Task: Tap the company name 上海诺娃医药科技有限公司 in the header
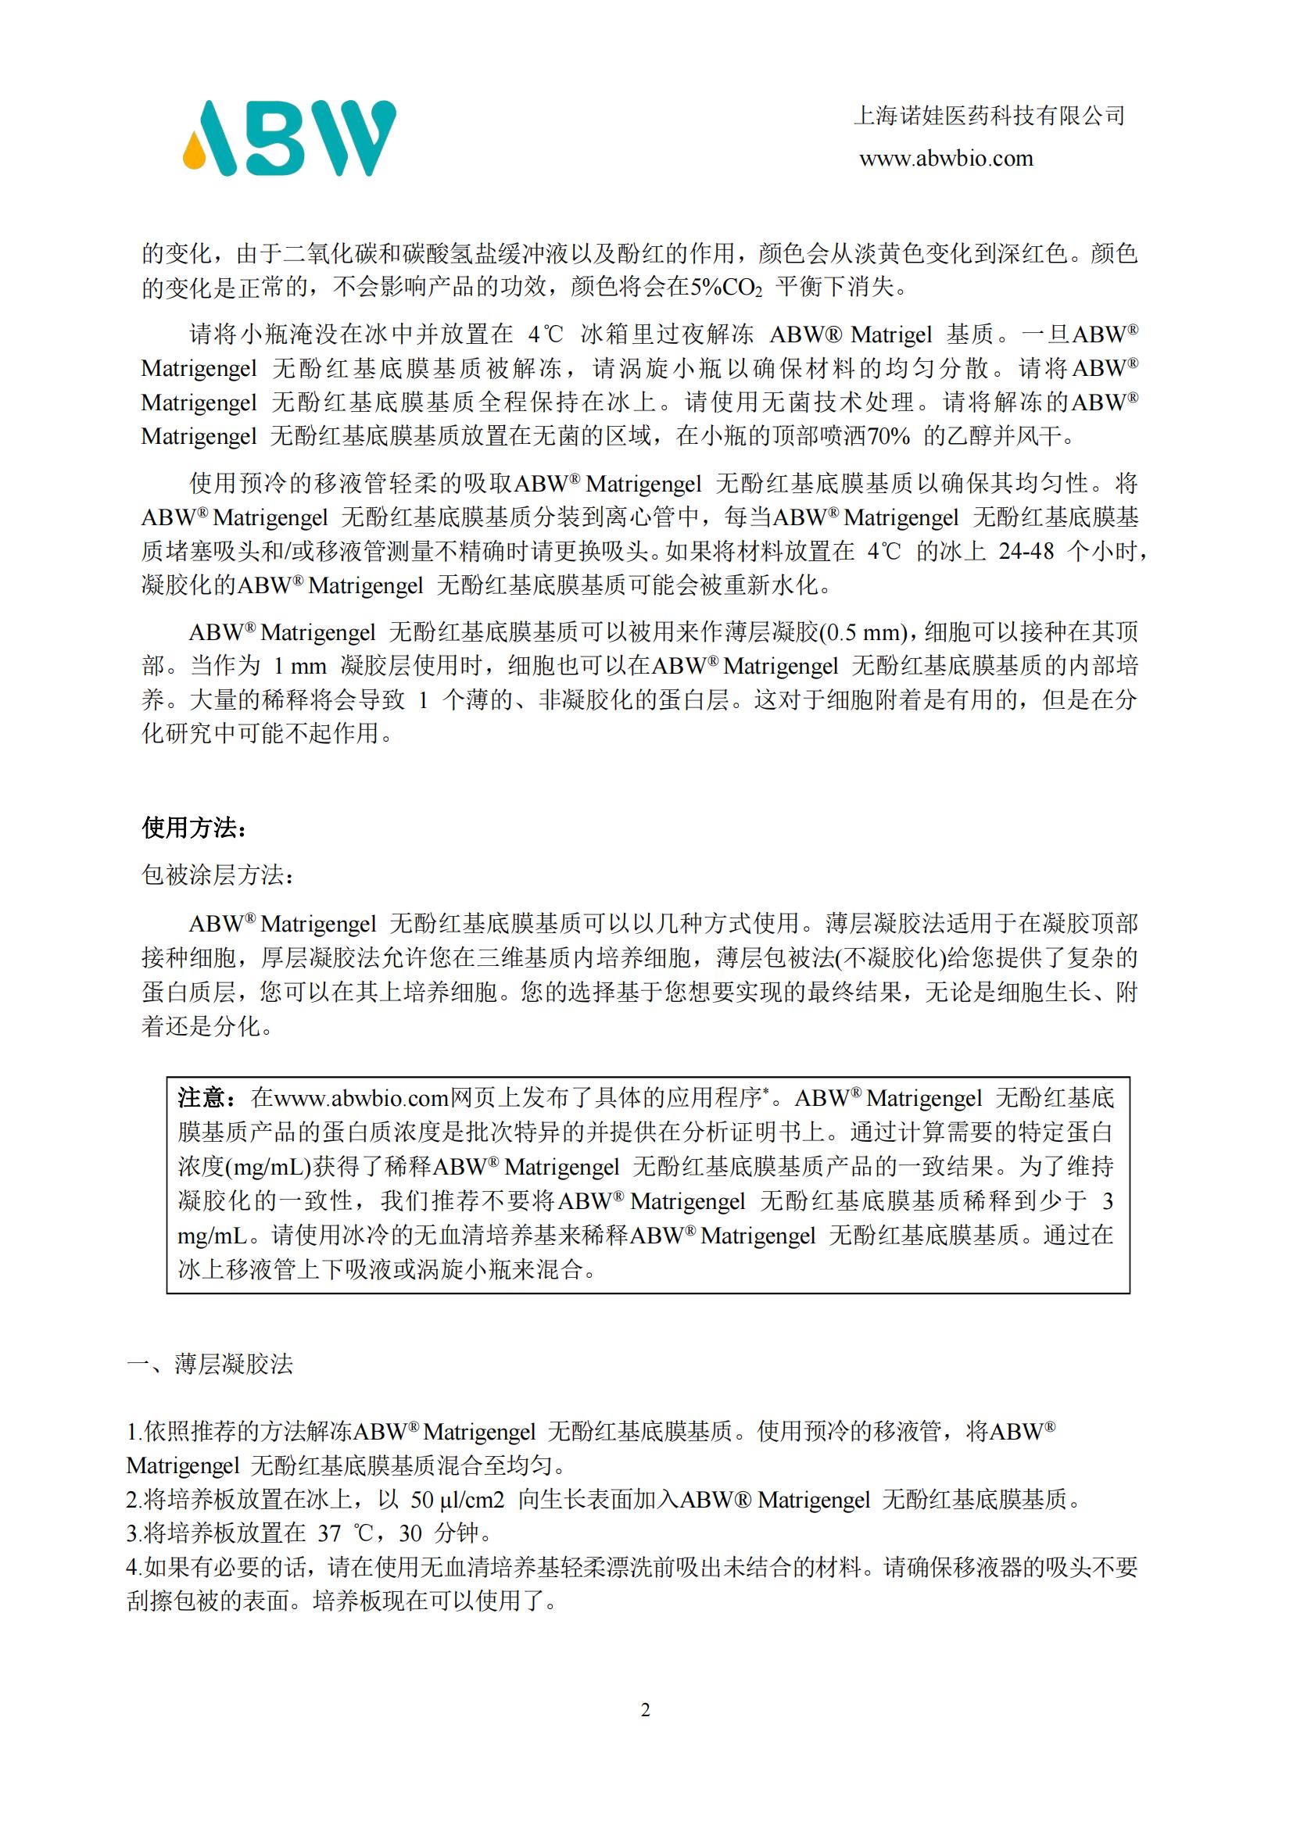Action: pos(989,116)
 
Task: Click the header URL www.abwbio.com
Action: pos(946,159)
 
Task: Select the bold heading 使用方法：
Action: pos(195,828)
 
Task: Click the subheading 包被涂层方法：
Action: pos(218,875)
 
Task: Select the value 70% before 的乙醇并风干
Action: pos(888,436)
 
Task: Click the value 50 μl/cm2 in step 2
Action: pos(457,1500)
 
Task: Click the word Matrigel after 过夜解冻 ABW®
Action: pos(891,334)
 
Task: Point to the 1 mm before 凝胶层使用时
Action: pos(300,666)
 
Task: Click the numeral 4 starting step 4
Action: pos(132,1568)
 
